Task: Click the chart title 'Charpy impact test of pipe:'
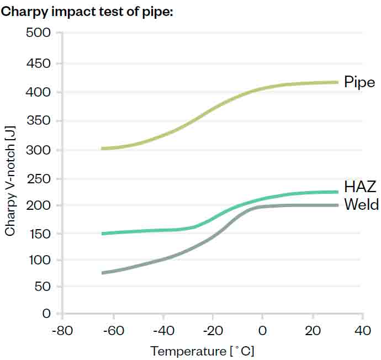click(x=88, y=12)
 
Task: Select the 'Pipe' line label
click(x=359, y=82)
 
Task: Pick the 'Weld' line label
click(x=361, y=205)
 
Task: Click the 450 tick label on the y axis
click(x=39, y=63)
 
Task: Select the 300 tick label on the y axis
click(x=39, y=150)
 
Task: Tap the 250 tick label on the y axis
click(x=39, y=179)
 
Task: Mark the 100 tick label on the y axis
click(x=39, y=260)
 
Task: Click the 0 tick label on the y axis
click(x=46, y=314)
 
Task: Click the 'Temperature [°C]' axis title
click(x=202, y=351)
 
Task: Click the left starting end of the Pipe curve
click(x=102, y=149)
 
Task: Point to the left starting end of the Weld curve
click(x=102, y=273)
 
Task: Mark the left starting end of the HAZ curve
click(x=102, y=234)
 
